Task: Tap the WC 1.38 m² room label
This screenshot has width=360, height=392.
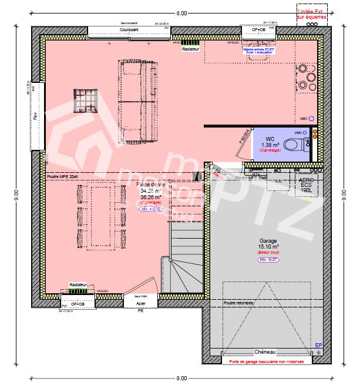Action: pyautogui.click(x=270, y=142)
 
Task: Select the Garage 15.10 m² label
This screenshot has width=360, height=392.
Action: pyautogui.click(x=269, y=244)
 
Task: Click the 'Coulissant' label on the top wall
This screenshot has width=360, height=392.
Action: pyautogui.click(x=129, y=29)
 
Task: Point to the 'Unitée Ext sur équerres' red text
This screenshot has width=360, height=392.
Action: pyautogui.click(x=311, y=14)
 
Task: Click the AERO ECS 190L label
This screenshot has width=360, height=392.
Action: pyautogui.click(x=305, y=186)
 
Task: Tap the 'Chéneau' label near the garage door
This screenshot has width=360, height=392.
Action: pyautogui.click(x=265, y=351)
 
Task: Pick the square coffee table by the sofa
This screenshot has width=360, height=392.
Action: pyautogui.click(x=86, y=100)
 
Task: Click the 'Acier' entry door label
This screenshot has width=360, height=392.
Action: pyautogui.click(x=140, y=303)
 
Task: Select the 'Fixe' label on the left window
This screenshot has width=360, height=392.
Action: pyautogui.click(x=35, y=116)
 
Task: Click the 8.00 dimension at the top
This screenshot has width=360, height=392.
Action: pyautogui.click(x=181, y=13)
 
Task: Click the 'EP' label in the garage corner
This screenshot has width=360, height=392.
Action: pyautogui.click(x=318, y=345)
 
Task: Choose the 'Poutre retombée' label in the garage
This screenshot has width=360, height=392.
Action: pyautogui.click(x=239, y=303)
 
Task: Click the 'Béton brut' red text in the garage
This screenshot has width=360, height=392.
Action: pyautogui.click(x=269, y=252)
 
